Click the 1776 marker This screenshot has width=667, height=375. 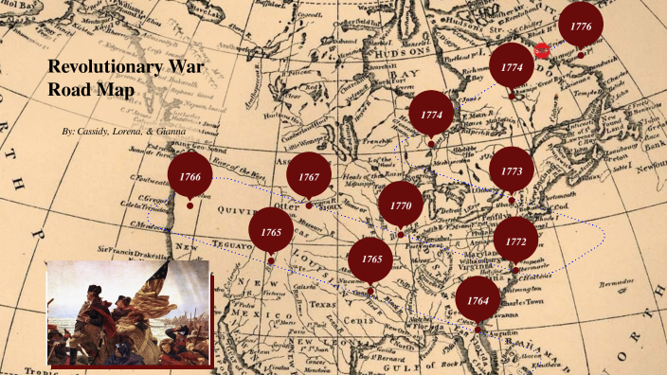click(x=582, y=27)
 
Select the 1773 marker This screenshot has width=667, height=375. click(x=512, y=170)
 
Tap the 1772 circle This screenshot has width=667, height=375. click(x=515, y=241)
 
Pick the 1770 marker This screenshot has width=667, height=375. click(x=401, y=205)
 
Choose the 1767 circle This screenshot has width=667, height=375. click(x=309, y=177)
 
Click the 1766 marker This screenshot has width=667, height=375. click(x=190, y=177)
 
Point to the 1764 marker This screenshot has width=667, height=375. click(x=478, y=300)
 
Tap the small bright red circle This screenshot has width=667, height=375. click(x=542, y=50)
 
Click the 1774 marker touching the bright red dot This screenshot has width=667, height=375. click(x=513, y=67)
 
